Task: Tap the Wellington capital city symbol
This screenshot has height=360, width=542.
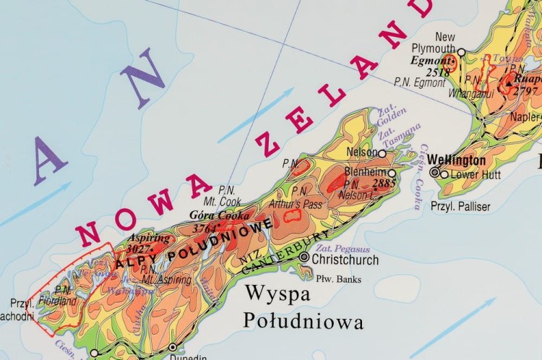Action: pos(434,173)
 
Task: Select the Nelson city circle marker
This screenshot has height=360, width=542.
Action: pos(382,153)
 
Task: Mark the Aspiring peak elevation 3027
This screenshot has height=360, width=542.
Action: pos(139,250)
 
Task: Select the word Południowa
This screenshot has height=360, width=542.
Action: pos(303,320)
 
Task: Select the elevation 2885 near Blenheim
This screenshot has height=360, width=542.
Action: pos(384,184)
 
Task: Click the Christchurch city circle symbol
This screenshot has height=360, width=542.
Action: pos(304,257)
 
